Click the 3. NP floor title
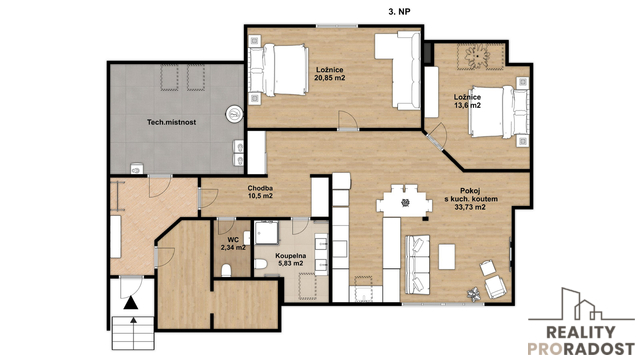tap(399, 12)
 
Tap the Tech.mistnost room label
tap(171, 122)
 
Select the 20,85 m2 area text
tap(330, 78)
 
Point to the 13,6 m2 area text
tap(467, 105)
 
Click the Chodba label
tap(260, 188)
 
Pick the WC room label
tap(233, 240)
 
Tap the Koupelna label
tap(291, 256)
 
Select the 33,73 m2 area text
tap(470, 207)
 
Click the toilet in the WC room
tap(226, 270)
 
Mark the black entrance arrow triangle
tap(131, 302)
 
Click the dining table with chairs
tap(404, 201)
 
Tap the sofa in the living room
tap(417, 264)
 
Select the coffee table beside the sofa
tap(447, 256)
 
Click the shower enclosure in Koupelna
tap(266, 233)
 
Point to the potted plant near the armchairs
tap(474, 295)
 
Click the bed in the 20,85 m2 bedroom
tap(279, 70)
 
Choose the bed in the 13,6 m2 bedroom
tap(499, 112)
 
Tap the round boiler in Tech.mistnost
tap(235, 114)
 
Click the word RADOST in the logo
tap(598, 349)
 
